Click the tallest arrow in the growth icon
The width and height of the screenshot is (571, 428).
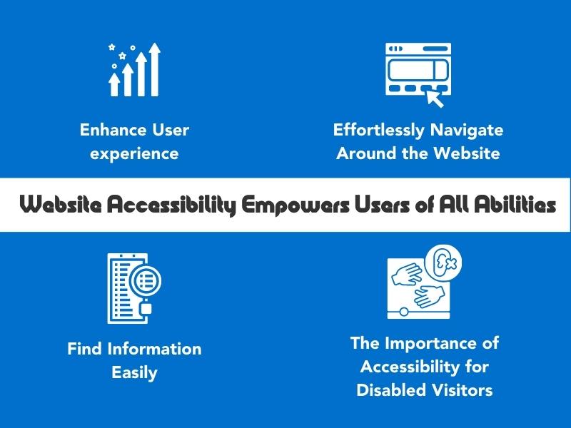click(x=154, y=69)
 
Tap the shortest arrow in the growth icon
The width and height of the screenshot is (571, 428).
click(x=114, y=84)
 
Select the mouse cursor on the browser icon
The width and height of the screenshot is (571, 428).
click(x=435, y=98)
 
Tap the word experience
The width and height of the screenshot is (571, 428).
click(x=134, y=154)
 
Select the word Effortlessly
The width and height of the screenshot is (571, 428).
click(x=379, y=131)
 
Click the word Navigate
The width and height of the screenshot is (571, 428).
click(x=467, y=131)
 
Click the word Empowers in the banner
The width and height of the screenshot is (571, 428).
click(x=295, y=205)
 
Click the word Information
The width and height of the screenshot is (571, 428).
click(x=154, y=349)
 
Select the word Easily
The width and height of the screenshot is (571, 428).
click(x=134, y=373)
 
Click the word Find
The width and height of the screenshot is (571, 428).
click(x=84, y=349)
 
